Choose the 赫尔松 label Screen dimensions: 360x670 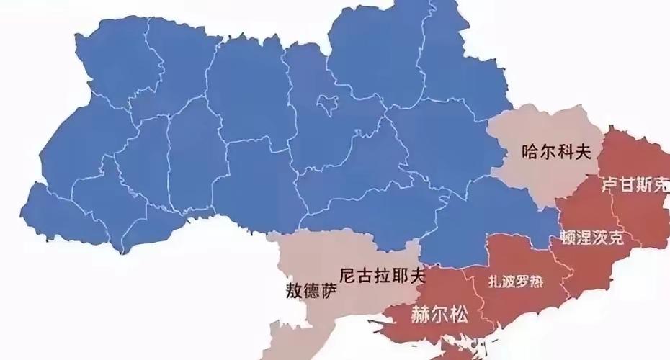[x=439, y=315]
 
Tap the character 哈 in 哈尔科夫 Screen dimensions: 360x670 [x=530, y=152]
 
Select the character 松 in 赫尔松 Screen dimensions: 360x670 [x=458, y=315]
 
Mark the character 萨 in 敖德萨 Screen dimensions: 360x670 [x=326, y=292]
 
